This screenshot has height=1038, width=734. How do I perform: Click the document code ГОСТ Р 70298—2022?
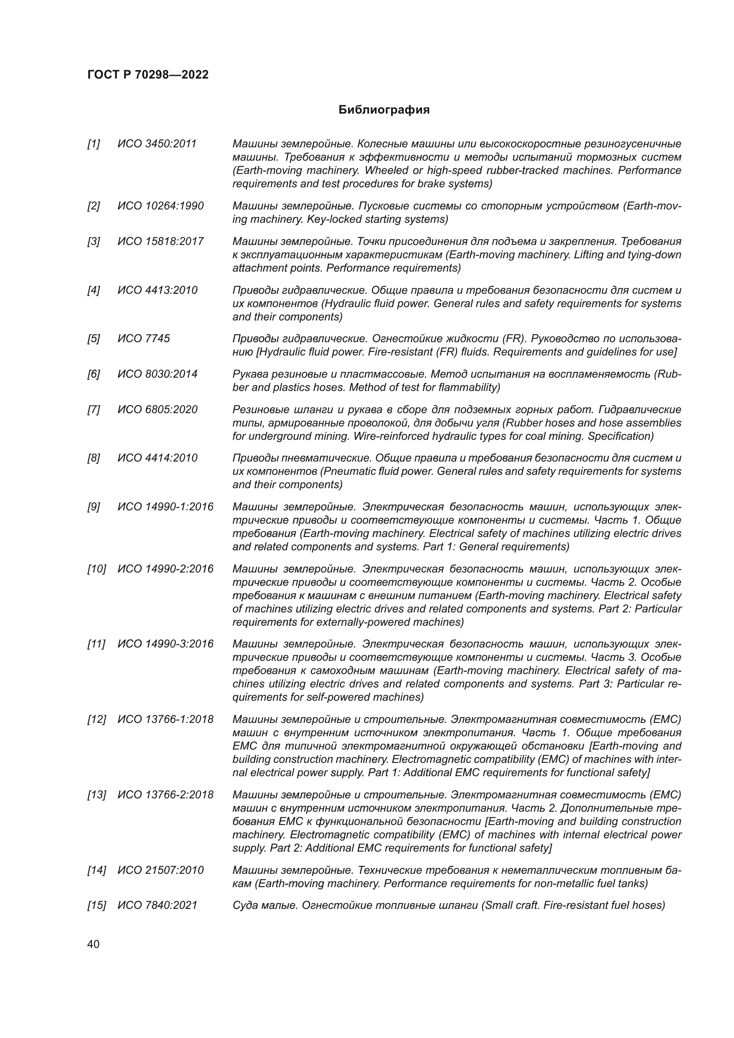click(x=148, y=75)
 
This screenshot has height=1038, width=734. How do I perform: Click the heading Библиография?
click(x=384, y=110)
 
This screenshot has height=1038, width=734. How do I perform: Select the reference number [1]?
click(x=94, y=144)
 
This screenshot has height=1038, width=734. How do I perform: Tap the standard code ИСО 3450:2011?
click(x=157, y=144)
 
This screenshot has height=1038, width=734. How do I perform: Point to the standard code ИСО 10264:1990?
click(x=161, y=206)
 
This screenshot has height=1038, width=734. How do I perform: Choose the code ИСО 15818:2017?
click(x=161, y=241)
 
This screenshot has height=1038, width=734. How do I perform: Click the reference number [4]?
click(x=94, y=290)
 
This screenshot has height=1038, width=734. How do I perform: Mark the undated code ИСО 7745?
click(x=144, y=339)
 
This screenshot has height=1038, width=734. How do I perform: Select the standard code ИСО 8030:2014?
click(x=157, y=374)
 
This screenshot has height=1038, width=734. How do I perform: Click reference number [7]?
click(x=94, y=409)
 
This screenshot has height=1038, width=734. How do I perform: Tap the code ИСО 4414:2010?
click(x=157, y=458)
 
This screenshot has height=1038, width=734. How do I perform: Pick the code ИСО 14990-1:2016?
click(x=166, y=506)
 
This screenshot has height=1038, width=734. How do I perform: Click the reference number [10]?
click(x=96, y=568)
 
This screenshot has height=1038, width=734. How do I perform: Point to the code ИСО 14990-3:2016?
click(x=166, y=643)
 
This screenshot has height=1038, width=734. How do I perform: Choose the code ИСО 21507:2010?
click(x=161, y=870)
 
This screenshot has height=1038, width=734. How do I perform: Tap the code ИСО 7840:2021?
click(x=157, y=905)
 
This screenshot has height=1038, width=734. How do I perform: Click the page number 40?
click(x=93, y=944)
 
